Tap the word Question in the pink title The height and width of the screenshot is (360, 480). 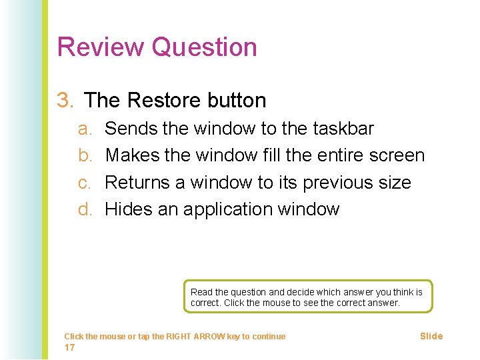click(204, 47)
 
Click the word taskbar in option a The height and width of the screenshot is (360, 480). click(341, 129)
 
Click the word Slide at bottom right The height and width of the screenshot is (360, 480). click(431, 336)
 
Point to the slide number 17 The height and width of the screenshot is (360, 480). click(69, 347)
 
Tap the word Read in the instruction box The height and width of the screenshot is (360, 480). click(200, 292)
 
